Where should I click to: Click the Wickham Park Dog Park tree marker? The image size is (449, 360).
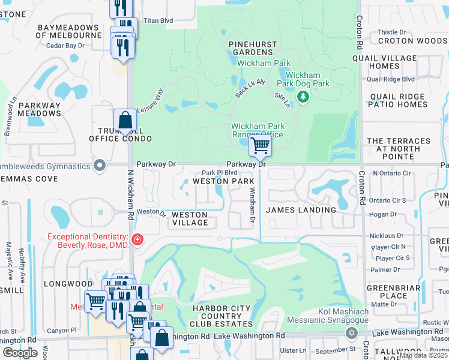point(303,97)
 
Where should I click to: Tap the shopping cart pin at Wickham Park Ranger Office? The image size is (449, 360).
point(260,145)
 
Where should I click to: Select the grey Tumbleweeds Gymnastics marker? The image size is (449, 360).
point(100,164)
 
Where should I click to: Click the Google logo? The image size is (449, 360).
point(20,352)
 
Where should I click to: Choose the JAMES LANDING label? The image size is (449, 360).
point(301,210)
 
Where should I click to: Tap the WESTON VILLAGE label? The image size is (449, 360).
point(190,218)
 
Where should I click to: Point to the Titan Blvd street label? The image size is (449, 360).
point(157,20)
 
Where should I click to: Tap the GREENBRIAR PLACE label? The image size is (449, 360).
point(387,292)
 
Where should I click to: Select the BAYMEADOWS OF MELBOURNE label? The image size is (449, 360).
point(68,32)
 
